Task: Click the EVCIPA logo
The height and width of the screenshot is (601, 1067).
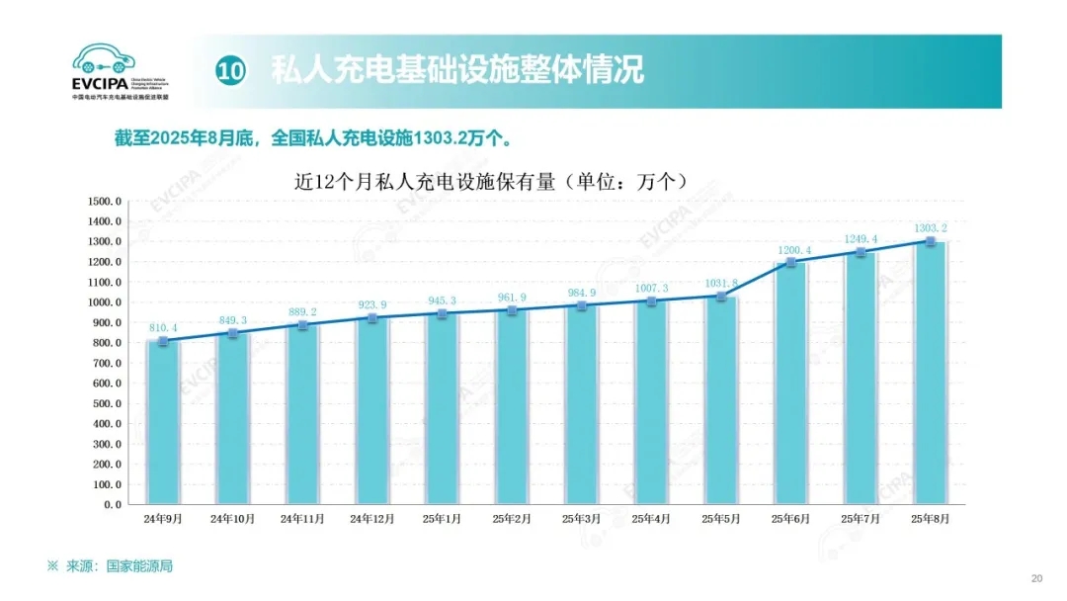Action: pyautogui.click(x=120, y=70)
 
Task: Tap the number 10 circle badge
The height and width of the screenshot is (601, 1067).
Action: pyautogui.click(x=230, y=70)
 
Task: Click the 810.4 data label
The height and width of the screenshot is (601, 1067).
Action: pyautogui.click(x=161, y=327)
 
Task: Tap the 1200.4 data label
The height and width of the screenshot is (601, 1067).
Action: pyautogui.click(x=790, y=250)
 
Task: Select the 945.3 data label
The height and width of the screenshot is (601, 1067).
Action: pyautogui.click(x=441, y=300)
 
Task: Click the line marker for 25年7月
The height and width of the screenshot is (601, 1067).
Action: pyautogui.click(x=861, y=252)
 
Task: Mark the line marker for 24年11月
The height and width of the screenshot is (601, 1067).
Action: pyautogui.click(x=301, y=324)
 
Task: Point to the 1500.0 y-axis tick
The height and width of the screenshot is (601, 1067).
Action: pyautogui.click(x=104, y=201)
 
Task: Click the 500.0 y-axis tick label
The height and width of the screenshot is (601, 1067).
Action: pyautogui.click(x=106, y=403)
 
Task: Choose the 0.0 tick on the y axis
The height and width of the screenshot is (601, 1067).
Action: pyautogui.click(x=112, y=504)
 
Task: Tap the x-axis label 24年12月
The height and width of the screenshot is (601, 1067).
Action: pyautogui.click(x=371, y=519)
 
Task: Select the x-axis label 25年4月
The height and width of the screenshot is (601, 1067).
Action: pyautogui.click(x=651, y=519)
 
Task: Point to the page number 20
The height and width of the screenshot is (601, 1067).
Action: pyautogui.click(x=1036, y=578)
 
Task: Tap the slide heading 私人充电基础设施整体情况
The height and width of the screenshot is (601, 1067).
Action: pyautogui.click(x=457, y=70)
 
